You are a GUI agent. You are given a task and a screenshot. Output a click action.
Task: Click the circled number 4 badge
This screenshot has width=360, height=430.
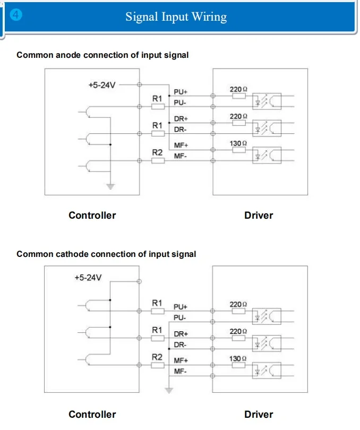pos(16,14)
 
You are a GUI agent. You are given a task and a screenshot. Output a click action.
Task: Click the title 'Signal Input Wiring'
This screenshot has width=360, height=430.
pos(176,17)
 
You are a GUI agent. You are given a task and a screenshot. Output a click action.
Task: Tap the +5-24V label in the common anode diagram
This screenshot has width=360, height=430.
pos(102,85)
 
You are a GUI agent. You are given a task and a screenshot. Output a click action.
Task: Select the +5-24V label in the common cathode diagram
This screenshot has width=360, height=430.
pos(88,278)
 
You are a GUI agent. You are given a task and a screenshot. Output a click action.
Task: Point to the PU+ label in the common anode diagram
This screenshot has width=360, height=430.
pos(181,92)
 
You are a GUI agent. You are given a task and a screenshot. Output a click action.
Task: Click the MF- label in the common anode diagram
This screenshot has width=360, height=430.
pos(181,156)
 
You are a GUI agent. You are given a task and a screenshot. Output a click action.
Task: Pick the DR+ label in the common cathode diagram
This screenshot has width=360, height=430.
pos(181,334)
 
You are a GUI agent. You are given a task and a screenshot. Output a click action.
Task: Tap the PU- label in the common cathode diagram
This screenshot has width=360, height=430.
pos(179,317)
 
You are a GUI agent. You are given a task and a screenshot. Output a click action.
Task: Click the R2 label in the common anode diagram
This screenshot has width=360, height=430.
pos(157,152)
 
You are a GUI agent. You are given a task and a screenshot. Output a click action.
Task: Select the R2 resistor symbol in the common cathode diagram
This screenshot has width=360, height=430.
pos(158,365)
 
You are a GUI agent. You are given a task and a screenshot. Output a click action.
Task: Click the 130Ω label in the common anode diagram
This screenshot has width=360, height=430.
pos(238,143)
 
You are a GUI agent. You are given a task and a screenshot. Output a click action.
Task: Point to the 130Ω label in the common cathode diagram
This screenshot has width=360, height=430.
pos(238,359)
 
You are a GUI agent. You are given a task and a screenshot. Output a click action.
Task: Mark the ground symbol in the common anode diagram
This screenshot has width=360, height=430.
pos(110,186)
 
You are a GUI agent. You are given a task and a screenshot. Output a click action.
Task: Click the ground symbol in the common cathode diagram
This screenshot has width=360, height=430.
pos(169,390)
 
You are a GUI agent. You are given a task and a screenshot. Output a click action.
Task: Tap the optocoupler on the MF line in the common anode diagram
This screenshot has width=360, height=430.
pos(267,155)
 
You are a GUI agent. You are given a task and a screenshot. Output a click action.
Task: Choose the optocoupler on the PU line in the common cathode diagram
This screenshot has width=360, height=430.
pos(267,316)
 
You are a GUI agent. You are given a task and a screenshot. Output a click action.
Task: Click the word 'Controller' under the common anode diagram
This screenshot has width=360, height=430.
pos(92,216)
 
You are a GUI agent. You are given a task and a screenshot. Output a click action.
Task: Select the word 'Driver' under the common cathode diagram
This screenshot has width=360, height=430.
pos(259,415)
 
